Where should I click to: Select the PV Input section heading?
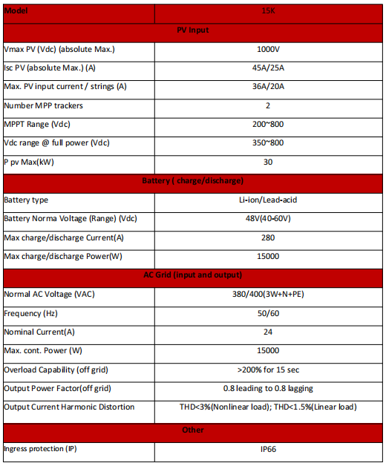[x=193, y=31]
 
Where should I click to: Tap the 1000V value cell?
[x=268, y=50]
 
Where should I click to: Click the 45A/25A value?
[x=268, y=68]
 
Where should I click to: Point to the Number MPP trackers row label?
[x=44, y=105]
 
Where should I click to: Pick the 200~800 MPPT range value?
[x=268, y=124]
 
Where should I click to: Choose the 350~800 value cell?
[x=268, y=142]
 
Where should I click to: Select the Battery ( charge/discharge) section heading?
[x=193, y=180]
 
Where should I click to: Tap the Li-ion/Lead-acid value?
[x=268, y=200]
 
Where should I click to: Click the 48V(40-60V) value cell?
[x=268, y=219]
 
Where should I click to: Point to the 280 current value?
[x=268, y=237]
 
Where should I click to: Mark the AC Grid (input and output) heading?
[x=193, y=275]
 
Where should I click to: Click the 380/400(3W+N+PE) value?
[x=268, y=294]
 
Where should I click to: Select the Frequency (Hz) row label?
[x=30, y=313]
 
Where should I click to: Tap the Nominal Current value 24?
[x=268, y=332]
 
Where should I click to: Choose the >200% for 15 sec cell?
[x=268, y=370]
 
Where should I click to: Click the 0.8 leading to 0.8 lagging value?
[x=268, y=388]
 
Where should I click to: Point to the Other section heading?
[x=193, y=430]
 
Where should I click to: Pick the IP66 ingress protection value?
[x=268, y=449]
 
